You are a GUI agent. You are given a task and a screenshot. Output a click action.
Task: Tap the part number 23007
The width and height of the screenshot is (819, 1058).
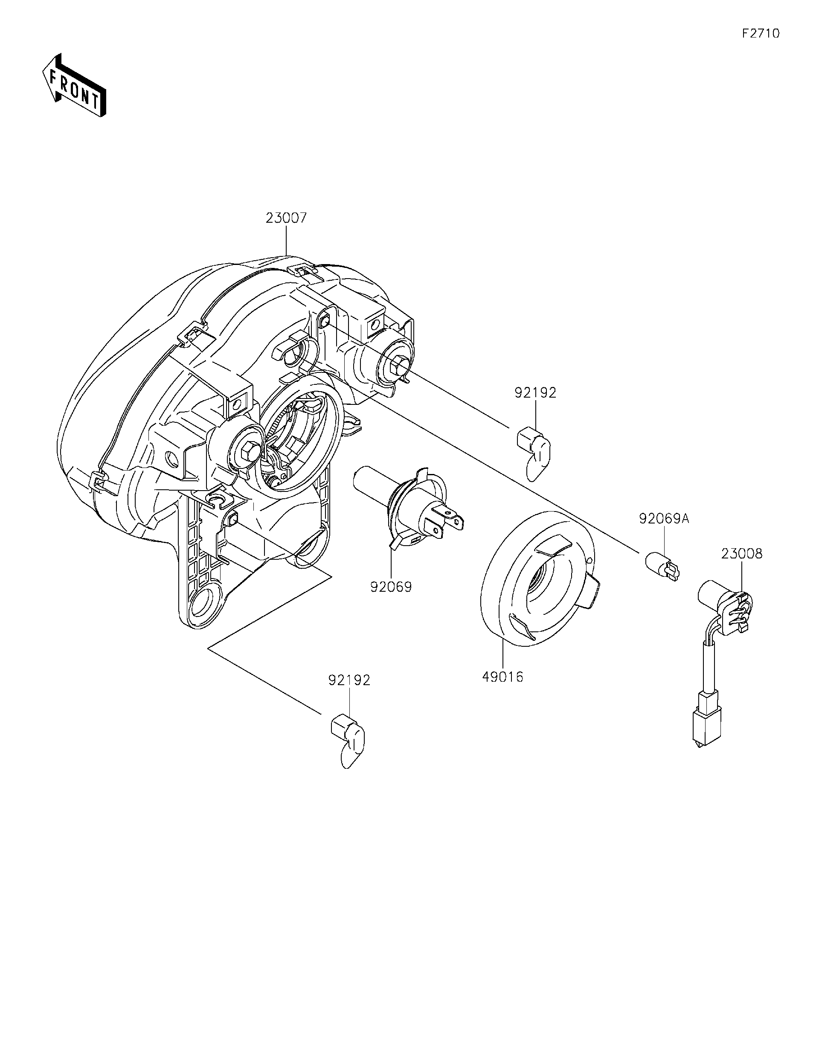tap(286, 218)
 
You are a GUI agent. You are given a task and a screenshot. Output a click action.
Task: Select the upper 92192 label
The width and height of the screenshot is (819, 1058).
tap(535, 393)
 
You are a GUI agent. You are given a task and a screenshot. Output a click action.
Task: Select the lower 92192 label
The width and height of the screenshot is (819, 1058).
tap(349, 680)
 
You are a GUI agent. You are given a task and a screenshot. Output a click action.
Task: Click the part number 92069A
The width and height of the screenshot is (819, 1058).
tap(664, 519)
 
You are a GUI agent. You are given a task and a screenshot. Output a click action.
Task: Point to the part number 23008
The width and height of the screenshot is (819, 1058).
tap(741, 554)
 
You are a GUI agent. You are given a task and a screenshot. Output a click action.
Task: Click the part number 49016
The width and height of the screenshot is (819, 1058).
tap(503, 677)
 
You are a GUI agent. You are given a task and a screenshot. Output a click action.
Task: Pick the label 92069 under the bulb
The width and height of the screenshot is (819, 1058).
tap(391, 587)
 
